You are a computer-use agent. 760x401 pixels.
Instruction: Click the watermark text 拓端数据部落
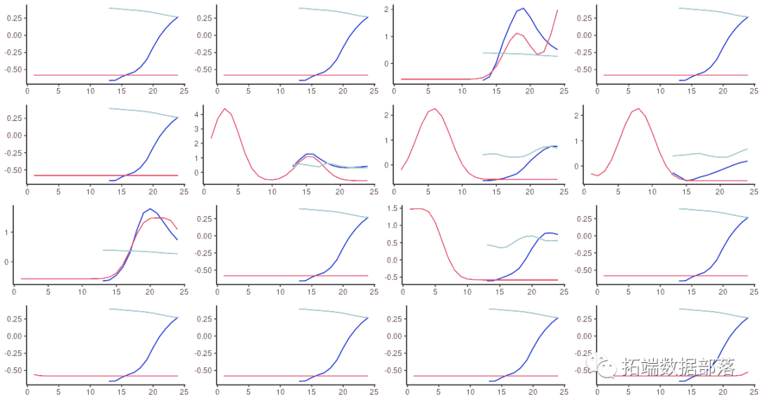click(x=680, y=367)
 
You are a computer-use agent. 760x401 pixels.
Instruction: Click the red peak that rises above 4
click(x=224, y=109)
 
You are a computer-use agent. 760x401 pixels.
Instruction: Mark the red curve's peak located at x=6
click(x=434, y=109)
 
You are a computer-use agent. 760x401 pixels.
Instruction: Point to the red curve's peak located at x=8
click(x=638, y=109)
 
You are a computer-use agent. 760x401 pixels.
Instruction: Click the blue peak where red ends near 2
click(x=523, y=8)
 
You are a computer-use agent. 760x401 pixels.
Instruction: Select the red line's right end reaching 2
click(x=557, y=10)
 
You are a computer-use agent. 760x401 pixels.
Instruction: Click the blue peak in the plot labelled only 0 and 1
click(x=150, y=209)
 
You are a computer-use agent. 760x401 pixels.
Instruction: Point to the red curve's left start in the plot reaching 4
click(x=211, y=138)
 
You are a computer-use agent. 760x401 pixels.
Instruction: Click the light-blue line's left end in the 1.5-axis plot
click(x=487, y=244)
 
